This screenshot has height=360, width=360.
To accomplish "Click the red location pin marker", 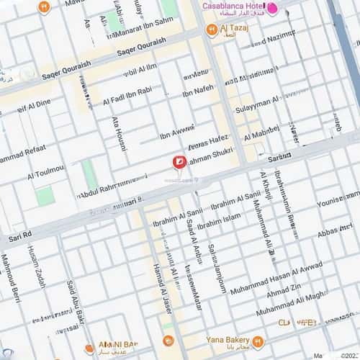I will pos(178,163).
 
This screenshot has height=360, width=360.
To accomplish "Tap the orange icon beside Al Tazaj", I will pos(211,30).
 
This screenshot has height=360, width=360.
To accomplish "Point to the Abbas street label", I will pos(333,231).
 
